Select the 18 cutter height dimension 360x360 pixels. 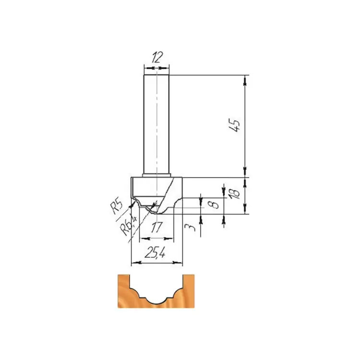tap(235, 192)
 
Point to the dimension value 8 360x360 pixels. tap(215, 204)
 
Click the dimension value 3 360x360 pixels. tap(191, 228)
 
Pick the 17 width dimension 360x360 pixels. tap(156, 228)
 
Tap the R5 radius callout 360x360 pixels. tap(117, 207)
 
